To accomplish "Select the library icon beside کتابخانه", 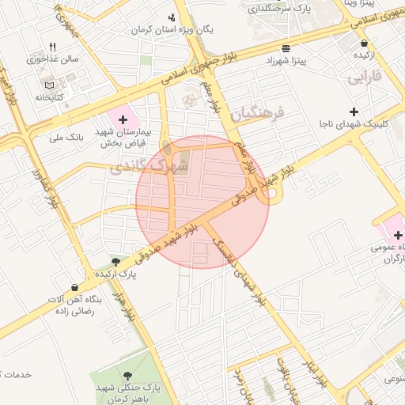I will click(50, 85).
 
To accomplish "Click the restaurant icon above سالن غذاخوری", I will click(52, 47).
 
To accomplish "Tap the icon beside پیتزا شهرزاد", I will click(285, 48).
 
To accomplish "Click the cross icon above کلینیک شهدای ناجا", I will click(354, 112).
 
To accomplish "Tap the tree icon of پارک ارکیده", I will click(116, 262).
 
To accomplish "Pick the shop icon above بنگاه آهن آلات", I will click(74, 287).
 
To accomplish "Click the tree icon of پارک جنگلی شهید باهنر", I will click(127, 375).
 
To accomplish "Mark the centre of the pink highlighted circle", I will click(202, 202).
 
